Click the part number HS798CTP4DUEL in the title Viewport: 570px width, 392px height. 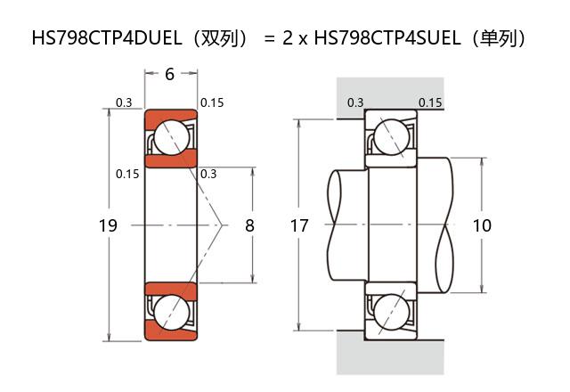point(107,37)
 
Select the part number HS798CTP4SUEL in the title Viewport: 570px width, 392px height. point(387,37)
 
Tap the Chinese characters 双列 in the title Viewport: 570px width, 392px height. point(219,37)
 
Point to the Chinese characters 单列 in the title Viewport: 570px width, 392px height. point(498,37)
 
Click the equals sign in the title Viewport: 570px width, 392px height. point(269,38)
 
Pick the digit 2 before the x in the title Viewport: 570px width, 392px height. point(288,37)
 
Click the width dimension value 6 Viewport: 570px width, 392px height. point(170,74)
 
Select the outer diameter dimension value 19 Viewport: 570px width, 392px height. point(108,225)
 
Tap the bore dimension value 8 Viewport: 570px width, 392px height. point(249,225)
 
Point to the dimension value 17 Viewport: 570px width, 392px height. point(299,225)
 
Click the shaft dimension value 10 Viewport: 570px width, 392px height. point(482,225)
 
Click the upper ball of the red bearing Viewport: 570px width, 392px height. point(172,137)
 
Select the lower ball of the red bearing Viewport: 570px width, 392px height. point(172,313)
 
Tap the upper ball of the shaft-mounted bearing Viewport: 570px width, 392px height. point(391,137)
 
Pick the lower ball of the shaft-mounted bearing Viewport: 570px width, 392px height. point(391,313)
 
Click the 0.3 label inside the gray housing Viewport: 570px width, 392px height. point(355,102)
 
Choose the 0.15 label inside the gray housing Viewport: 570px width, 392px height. point(430,102)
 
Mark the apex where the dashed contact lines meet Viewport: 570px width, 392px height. point(222,225)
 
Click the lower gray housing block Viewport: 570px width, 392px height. point(390,353)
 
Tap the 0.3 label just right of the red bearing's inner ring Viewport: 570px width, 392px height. point(208,174)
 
